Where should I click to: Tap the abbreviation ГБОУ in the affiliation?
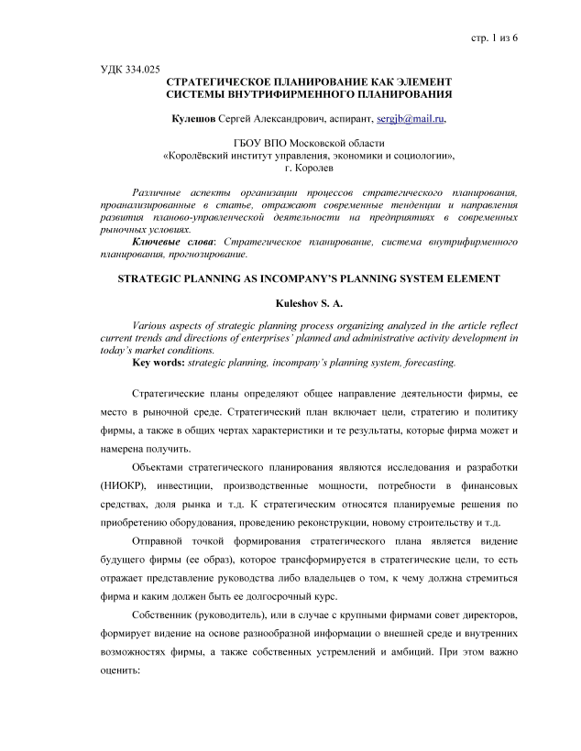[x=251, y=144]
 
